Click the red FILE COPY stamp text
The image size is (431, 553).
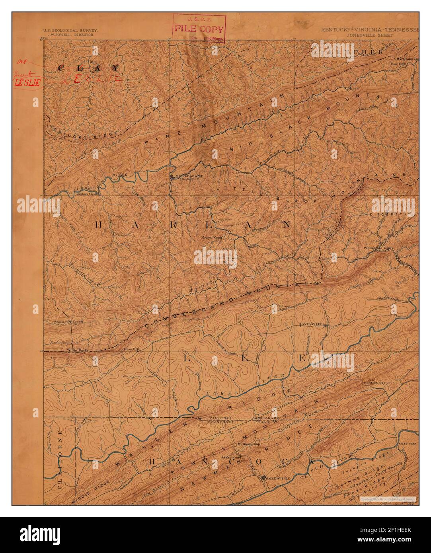[x=199, y=29]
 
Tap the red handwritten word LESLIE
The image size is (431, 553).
[x=27, y=83]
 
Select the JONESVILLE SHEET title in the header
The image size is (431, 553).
[x=369, y=35]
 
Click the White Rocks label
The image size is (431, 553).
[x=77, y=350]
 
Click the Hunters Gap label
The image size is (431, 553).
[x=372, y=383]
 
